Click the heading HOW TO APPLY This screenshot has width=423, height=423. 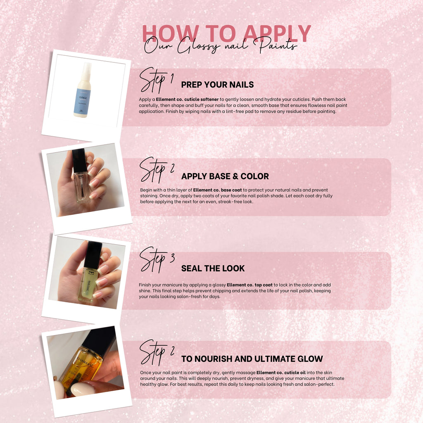[226, 33]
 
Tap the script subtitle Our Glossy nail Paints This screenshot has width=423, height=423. [221, 46]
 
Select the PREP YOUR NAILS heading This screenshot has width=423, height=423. [217, 85]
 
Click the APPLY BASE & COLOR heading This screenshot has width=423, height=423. [225, 176]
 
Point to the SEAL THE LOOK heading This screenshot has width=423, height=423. [213, 268]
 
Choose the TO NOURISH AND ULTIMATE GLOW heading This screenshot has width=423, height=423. [252, 359]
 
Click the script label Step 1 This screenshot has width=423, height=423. [156, 80]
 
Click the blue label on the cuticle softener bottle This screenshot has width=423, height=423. [82, 101]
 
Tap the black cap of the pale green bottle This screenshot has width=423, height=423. [93, 255]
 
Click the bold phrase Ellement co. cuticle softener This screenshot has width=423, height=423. [187, 99]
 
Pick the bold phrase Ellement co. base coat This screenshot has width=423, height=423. [217, 190]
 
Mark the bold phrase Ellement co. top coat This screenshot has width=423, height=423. [250, 285]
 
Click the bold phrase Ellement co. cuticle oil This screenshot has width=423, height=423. [281, 373]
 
